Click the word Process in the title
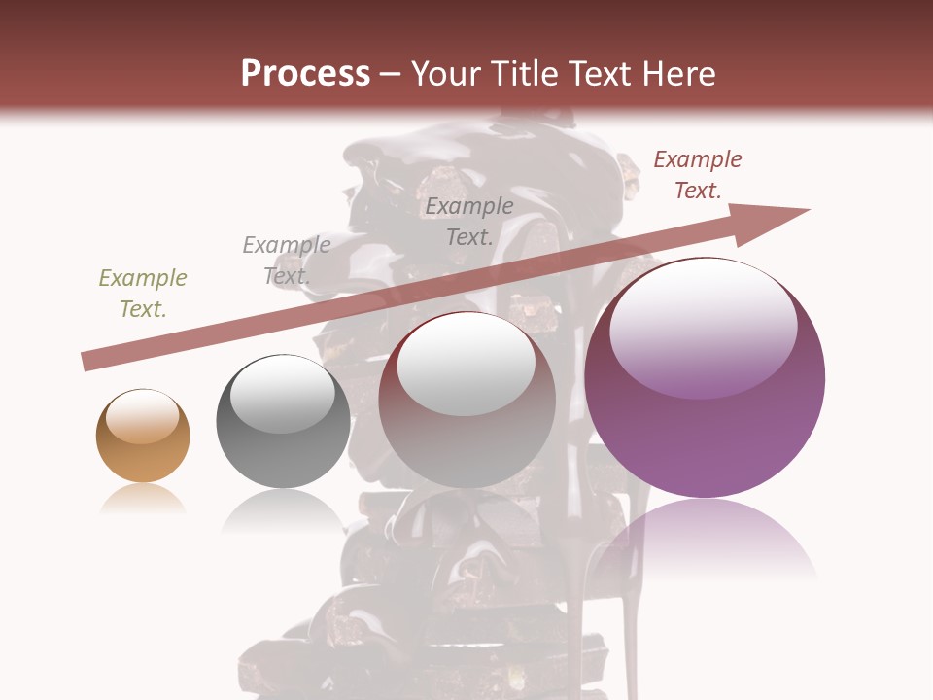coord(305,74)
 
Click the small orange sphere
coord(143,436)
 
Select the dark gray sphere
coord(283,421)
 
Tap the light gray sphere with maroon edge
coord(466,401)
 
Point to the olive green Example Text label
coord(143,294)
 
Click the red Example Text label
coord(698,175)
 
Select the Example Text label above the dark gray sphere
coord(287,260)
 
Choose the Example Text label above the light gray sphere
coord(469,221)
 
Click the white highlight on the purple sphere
coord(703,326)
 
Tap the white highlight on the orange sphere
coord(142,415)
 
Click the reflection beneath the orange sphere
coord(143,499)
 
